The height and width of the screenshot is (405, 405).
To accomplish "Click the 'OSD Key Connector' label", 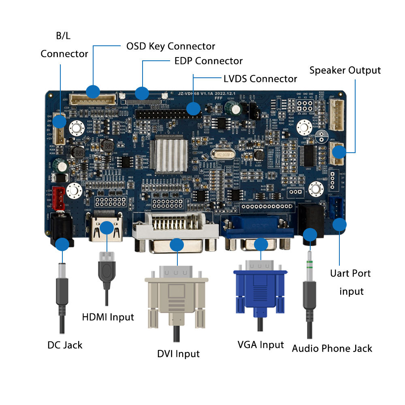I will pyautogui.click(x=171, y=46).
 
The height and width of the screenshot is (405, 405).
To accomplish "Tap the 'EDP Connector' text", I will pyautogui.click(x=208, y=61).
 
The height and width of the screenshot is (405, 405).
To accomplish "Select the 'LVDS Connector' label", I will pyautogui.click(x=260, y=78).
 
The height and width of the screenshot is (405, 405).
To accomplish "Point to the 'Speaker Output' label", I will pyautogui.click(x=345, y=70).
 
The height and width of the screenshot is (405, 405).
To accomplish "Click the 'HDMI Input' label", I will pyautogui.click(x=108, y=317).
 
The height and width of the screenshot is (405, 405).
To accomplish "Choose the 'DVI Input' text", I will pyautogui.click(x=178, y=354).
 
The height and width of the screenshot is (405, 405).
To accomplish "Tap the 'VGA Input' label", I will pyautogui.click(x=260, y=345).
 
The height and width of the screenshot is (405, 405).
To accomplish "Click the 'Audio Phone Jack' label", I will pyautogui.click(x=332, y=348).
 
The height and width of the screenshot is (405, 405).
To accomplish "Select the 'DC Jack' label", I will pyautogui.click(x=65, y=345).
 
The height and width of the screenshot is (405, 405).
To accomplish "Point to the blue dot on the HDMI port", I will pyautogui.click(x=106, y=228).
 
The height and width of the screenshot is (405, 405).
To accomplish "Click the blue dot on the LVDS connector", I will pyautogui.click(x=193, y=109).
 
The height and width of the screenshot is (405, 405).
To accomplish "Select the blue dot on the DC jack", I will pyautogui.click(x=62, y=244).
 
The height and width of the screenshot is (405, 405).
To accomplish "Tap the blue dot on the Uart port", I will pyautogui.click(x=339, y=224).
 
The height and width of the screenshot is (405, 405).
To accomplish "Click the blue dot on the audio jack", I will pyautogui.click(x=310, y=235).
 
